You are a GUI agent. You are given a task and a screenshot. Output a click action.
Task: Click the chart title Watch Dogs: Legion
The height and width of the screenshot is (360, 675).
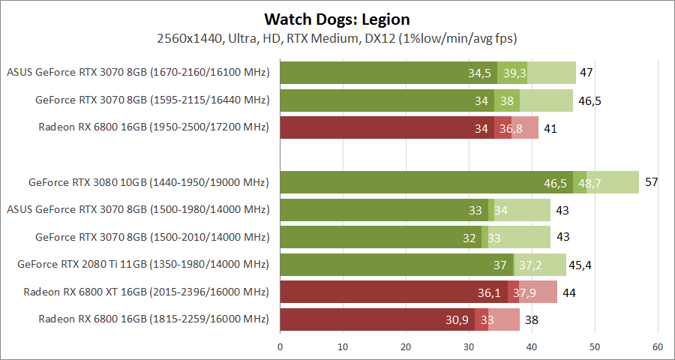337,19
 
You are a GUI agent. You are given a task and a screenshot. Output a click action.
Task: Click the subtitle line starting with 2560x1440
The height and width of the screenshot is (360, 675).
337,37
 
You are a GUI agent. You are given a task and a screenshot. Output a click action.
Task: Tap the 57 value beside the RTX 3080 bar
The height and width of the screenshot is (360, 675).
651,182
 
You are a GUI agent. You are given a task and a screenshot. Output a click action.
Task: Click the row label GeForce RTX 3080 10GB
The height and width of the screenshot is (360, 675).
148,182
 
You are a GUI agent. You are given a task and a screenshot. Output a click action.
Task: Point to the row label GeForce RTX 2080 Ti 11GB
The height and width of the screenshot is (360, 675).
143,264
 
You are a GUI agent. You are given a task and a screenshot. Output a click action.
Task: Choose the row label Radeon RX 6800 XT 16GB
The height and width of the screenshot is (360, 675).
146,292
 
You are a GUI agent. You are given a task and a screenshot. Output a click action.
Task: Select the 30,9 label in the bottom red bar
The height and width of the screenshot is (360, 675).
457,319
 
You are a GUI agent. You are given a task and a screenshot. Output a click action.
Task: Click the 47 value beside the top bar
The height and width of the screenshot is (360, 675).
586,73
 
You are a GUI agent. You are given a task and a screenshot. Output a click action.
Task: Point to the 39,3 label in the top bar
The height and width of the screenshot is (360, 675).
514,73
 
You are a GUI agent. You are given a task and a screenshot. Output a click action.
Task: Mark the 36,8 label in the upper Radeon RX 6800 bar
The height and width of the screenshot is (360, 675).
511,128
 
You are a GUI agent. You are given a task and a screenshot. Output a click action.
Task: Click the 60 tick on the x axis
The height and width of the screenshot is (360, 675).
657,347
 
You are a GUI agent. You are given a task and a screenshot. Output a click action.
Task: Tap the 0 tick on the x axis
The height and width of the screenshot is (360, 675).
280,347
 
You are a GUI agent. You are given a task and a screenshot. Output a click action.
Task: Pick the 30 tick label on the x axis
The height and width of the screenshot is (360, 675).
469,347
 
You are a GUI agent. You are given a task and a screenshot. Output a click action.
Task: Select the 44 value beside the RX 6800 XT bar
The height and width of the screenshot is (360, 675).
568,292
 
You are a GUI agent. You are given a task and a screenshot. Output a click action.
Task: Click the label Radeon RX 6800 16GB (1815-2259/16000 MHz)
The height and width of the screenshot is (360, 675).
154,319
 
